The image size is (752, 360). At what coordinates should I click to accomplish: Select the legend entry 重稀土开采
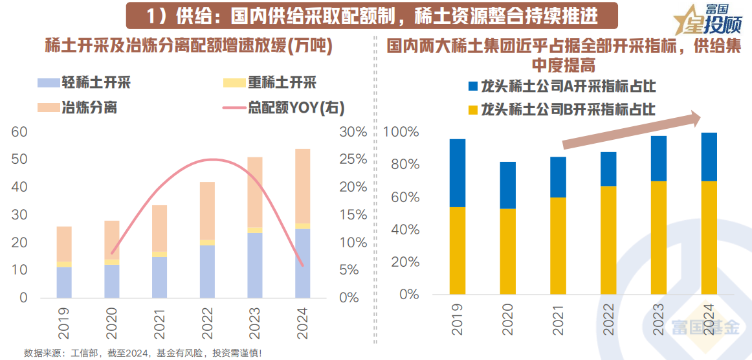282,83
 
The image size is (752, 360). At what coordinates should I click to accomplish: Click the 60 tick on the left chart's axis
20,132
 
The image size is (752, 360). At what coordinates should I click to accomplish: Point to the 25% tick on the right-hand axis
353,159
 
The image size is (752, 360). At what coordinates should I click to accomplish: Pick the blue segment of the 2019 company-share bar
458,173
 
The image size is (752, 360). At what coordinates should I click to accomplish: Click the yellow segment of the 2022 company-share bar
609,240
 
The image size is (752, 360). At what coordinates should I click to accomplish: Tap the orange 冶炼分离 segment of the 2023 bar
255,192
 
